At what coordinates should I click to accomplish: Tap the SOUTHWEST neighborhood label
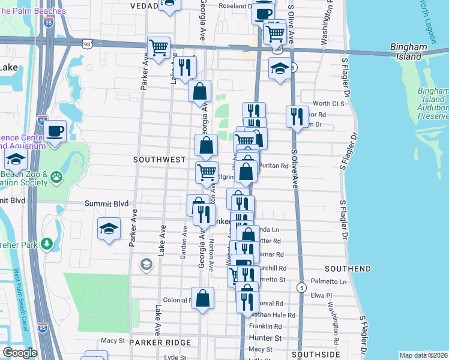click(x=159, y=160)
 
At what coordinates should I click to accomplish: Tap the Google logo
click(x=20, y=353)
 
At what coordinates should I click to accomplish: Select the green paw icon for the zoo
click(x=56, y=177)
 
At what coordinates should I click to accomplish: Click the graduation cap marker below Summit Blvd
click(x=109, y=228)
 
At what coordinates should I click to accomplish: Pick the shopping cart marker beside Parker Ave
click(x=158, y=47)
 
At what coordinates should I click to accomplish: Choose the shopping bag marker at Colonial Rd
click(x=203, y=297)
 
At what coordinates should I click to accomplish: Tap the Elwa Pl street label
click(x=318, y=295)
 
